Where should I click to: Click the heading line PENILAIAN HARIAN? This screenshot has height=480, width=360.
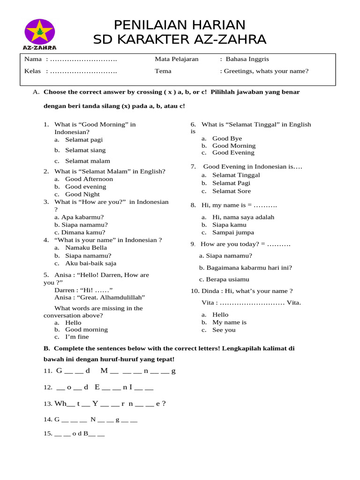(x=180, y=25)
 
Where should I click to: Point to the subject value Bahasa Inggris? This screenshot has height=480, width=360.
(x=247, y=59)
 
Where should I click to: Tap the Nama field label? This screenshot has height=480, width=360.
(x=33, y=59)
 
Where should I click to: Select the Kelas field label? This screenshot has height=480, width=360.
(x=33, y=71)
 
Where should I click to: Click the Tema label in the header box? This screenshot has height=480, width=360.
(x=163, y=71)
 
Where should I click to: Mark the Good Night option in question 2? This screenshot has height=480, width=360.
(x=82, y=194)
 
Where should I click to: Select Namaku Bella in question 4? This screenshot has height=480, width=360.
(x=86, y=247)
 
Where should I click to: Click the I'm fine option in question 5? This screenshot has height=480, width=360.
(x=77, y=337)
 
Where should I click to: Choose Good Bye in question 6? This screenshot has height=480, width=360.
(x=227, y=138)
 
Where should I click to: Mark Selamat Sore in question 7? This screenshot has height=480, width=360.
(x=231, y=191)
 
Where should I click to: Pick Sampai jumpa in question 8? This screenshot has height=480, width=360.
(x=233, y=232)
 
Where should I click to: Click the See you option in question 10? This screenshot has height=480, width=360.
(x=224, y=330)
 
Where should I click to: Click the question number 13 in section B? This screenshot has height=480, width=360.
(x=48, y=404)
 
